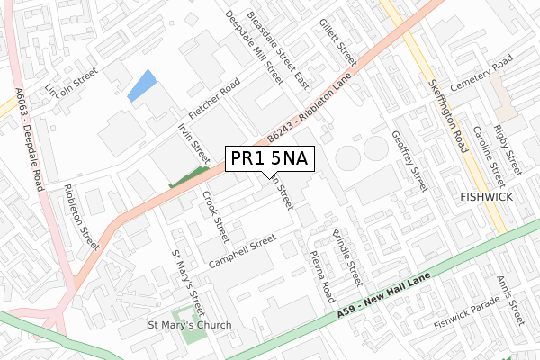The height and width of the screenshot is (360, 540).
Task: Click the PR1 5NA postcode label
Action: [x=269, y=159]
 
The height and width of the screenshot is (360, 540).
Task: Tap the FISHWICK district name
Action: [x=486, y=195]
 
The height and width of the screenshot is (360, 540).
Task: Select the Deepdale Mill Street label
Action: [x=255, y=48]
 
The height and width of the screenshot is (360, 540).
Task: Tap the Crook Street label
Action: [x=216, y=215]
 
